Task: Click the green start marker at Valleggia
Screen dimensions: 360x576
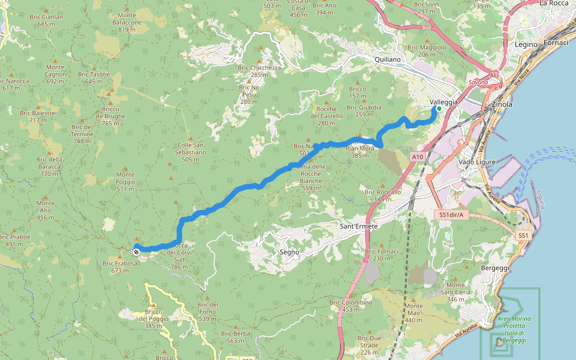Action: pos(439,109)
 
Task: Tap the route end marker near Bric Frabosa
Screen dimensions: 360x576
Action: pos(136,251)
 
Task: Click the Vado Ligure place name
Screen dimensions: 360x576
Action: pos(475,162)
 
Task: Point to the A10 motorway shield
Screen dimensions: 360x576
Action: pos(418,157)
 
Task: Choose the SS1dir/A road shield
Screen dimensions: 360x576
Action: pos(450,214)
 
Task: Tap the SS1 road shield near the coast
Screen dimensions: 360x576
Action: pos(523,236)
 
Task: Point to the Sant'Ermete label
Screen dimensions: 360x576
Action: pos(359,226)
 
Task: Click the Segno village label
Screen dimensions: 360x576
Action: pos(289,252)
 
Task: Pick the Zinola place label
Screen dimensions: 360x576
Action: pos(502,104)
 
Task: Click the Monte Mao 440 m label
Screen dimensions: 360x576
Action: pos(413,313)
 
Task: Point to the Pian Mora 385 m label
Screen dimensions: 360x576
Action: pos(360,152)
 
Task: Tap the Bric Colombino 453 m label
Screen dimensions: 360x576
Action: pos(351,305)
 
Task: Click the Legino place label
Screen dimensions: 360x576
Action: pos(526,44)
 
